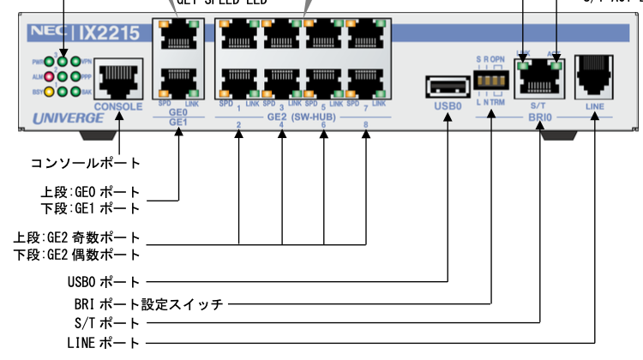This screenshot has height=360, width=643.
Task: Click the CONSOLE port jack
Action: (117, 80)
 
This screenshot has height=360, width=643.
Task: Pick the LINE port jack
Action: (594, 75)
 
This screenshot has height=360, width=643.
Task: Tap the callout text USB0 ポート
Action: (102, 281)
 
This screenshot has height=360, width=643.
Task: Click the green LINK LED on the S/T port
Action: (524, 63)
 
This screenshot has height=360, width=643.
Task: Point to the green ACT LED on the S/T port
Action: (556, 63)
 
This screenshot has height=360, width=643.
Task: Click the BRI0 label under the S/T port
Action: (540, 119)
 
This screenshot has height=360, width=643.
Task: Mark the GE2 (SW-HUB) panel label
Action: (302, 116)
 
